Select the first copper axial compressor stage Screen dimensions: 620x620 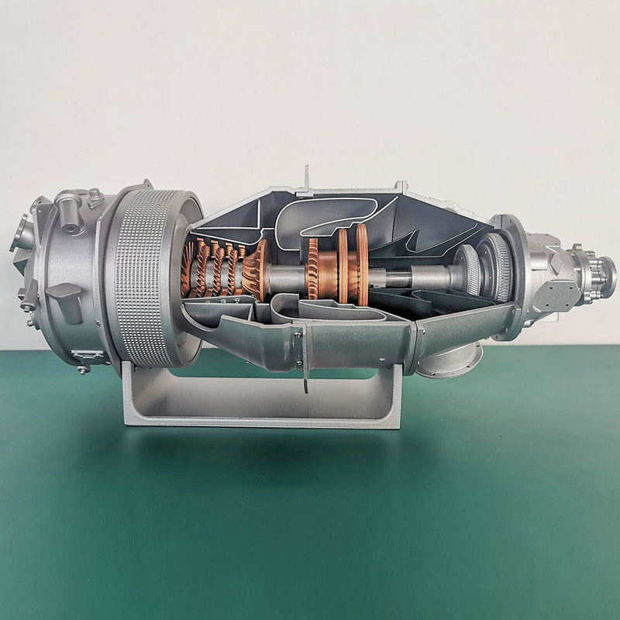click(x=189, y=269)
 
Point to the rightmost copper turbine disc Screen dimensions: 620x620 click(x=362, y=266)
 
